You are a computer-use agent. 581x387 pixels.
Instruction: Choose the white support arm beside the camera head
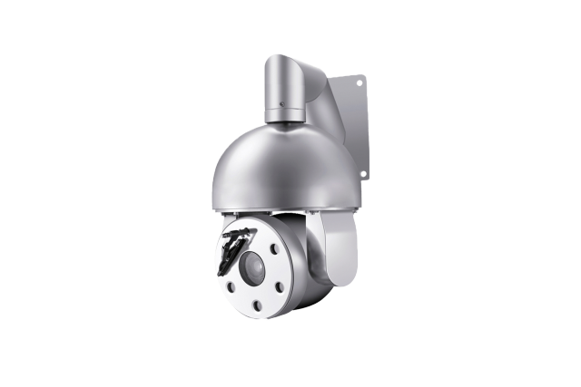(340, 254)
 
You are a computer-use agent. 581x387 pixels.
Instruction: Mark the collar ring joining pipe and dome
(286, 115)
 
